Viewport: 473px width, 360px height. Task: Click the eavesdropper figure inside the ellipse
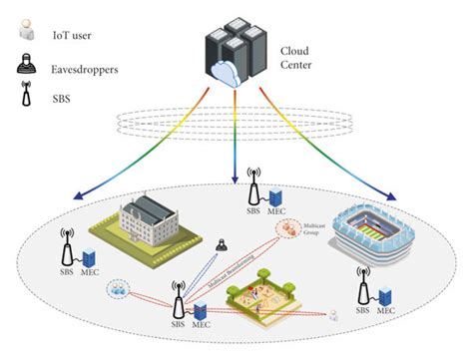[225, 244]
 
